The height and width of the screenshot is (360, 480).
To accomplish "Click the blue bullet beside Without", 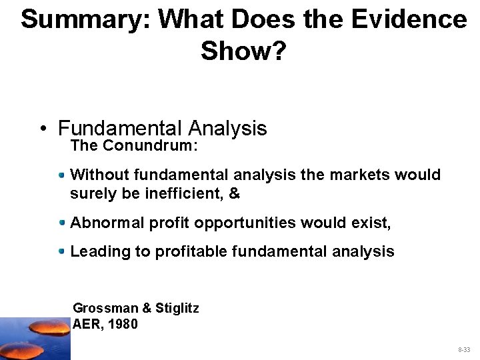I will pyautogui.click(x=62, y=175).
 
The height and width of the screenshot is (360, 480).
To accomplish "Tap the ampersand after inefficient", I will pyautogui.click(x=234, y=194).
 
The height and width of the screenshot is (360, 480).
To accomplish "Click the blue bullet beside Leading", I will pyautogui.click(x=62, y=251).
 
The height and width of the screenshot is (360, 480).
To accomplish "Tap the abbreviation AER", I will pyautogui.click(x=86, y=325).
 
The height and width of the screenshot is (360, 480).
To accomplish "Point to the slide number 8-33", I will pyautogui.click(x=463, y=349).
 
